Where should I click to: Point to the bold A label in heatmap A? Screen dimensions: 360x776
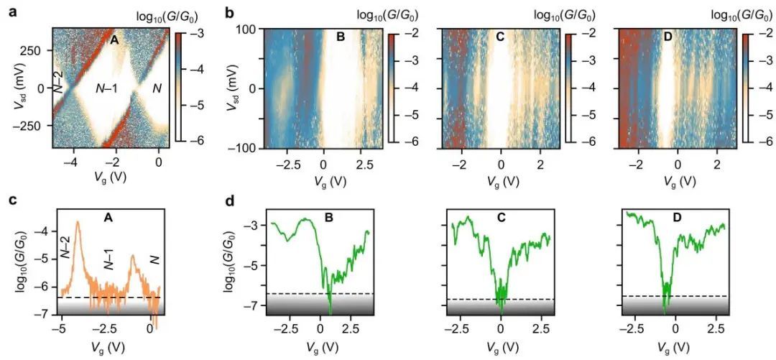[114, 40]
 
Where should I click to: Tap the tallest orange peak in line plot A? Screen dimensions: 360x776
[77, 222]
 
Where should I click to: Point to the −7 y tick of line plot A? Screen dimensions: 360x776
[45, 315]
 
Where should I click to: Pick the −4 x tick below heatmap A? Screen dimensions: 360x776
[70, 162]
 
